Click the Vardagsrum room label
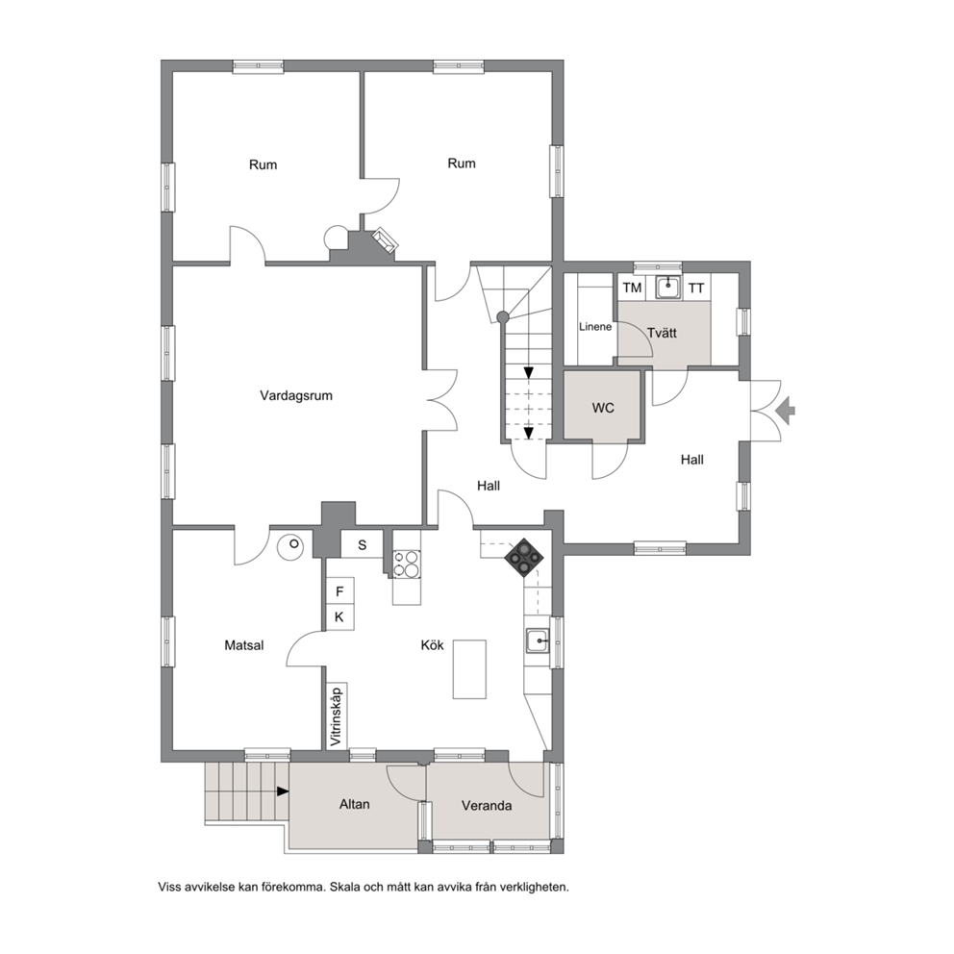(296, 396)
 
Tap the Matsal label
(244, 645)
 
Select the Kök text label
(433, 645)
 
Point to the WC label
(603, 409)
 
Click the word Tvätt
(662, 334)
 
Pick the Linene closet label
(595, 327)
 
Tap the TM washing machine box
(632, 288)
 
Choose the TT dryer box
(696, 288)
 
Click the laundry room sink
(668, 288)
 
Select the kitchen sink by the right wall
(538, 641)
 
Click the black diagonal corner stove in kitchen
(523, 558)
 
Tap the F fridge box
(339, 591)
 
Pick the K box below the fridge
(339, 617)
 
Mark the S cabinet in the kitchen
(362, 544)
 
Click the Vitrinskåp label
(337, 715)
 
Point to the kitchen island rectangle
(469, 669)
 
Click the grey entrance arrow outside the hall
(786, 410)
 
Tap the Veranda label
(487, 806)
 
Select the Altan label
(355, 804)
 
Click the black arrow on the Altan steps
(283, 791)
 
